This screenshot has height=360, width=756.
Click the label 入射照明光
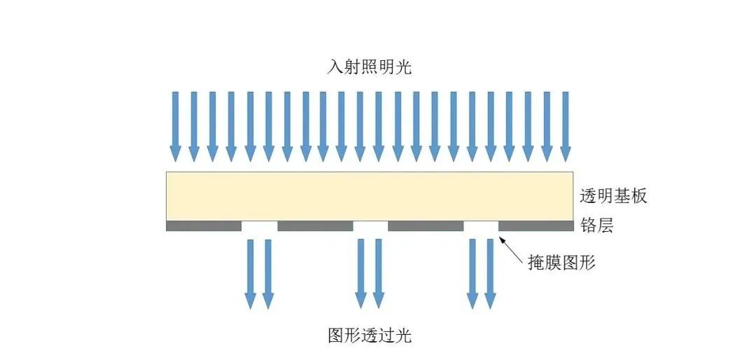pos(370,67)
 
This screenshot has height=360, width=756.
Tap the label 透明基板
pos(612,196)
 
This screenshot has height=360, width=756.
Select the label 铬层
pos(596,226)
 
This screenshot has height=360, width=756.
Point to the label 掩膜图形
pos(561,263)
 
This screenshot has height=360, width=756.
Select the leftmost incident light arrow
pos(176,127)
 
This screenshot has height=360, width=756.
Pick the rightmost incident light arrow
pos(565,127)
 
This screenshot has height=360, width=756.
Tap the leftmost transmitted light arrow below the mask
pos(250,274)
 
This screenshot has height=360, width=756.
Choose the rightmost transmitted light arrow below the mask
pos(490,274)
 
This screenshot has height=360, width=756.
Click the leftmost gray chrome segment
pos(204,226)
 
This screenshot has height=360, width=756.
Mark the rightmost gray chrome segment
pos(536,226)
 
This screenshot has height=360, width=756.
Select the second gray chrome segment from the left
pos(315,226)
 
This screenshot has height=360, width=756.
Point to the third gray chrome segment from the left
pos(426,226)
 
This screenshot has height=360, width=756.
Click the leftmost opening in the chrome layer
pos(260,226)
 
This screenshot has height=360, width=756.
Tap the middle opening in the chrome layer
pos(371,226)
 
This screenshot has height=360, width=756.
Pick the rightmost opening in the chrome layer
pos(481,226)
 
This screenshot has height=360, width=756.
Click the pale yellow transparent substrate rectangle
pos(370,196)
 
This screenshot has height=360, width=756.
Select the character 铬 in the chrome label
pos(588,226)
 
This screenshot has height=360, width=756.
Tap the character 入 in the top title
pos(335,67)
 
